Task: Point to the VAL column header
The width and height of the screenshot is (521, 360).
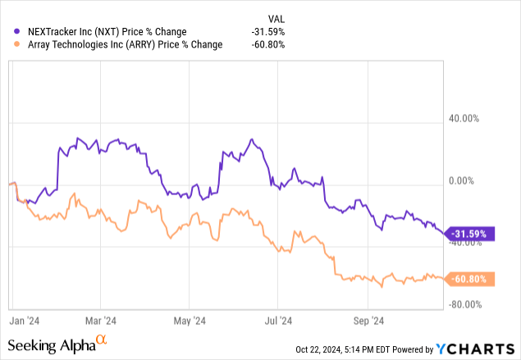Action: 277,17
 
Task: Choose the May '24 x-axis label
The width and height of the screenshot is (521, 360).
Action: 190,321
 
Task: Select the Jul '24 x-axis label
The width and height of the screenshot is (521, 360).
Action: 279,321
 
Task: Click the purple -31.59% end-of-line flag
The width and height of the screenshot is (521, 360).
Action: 469,234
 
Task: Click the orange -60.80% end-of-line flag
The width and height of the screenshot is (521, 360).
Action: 469,279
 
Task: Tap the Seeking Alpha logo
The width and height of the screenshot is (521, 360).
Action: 57,344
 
